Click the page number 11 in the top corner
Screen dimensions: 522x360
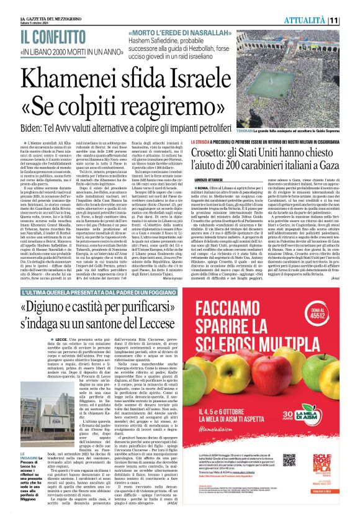point(351,20)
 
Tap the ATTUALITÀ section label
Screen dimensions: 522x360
point(323,20)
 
